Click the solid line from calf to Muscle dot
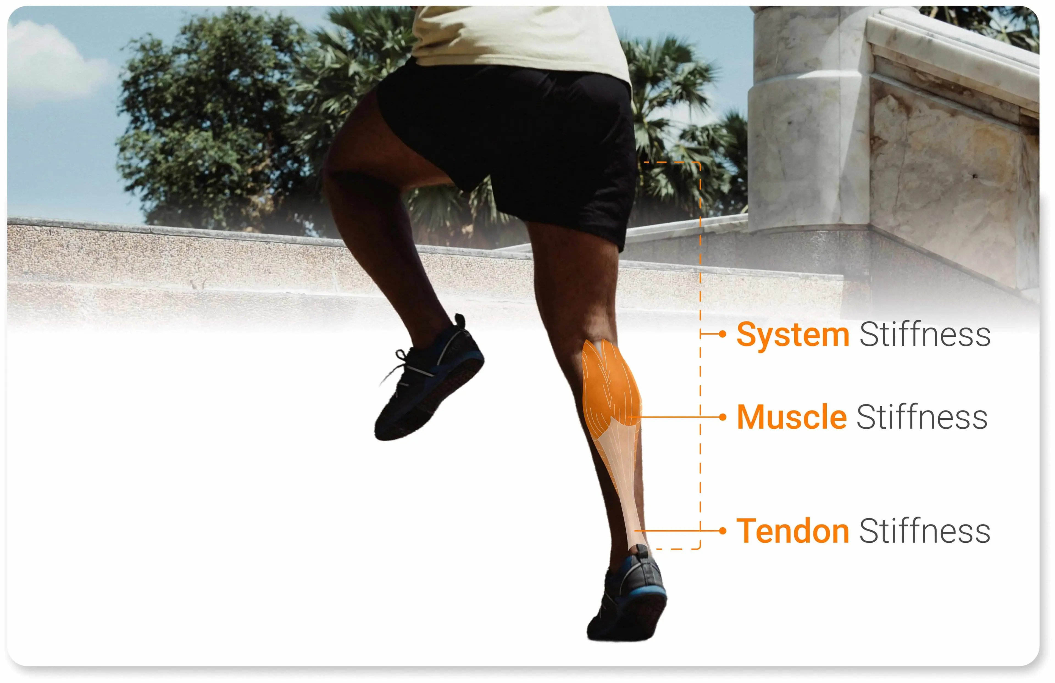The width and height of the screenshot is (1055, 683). [x=674, y=417]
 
